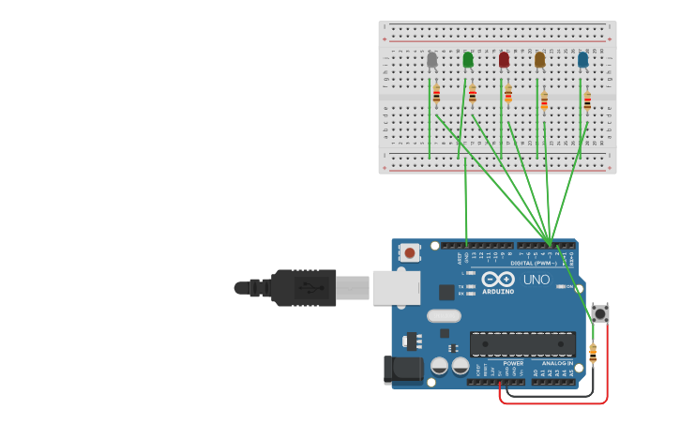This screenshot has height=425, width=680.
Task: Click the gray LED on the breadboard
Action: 431,60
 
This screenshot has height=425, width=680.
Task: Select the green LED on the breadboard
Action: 468,60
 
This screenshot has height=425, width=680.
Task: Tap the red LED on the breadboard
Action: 504,60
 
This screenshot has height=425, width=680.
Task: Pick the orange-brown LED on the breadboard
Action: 539,60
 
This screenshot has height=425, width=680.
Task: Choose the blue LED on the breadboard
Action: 582,60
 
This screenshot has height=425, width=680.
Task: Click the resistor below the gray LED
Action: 436,93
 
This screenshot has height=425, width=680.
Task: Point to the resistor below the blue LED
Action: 587,100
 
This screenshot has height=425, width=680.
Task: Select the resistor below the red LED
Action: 508,93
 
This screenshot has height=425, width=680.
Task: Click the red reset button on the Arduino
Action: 410,251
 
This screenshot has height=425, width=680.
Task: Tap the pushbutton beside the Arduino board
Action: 600,312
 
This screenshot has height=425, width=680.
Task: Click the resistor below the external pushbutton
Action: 593,353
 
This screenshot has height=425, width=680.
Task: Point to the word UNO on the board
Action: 536,280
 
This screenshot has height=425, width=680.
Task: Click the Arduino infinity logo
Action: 497,280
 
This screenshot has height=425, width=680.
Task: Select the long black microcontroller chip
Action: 522,344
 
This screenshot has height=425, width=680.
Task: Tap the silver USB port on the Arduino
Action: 396,288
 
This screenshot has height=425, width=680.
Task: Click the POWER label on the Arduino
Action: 513,363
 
